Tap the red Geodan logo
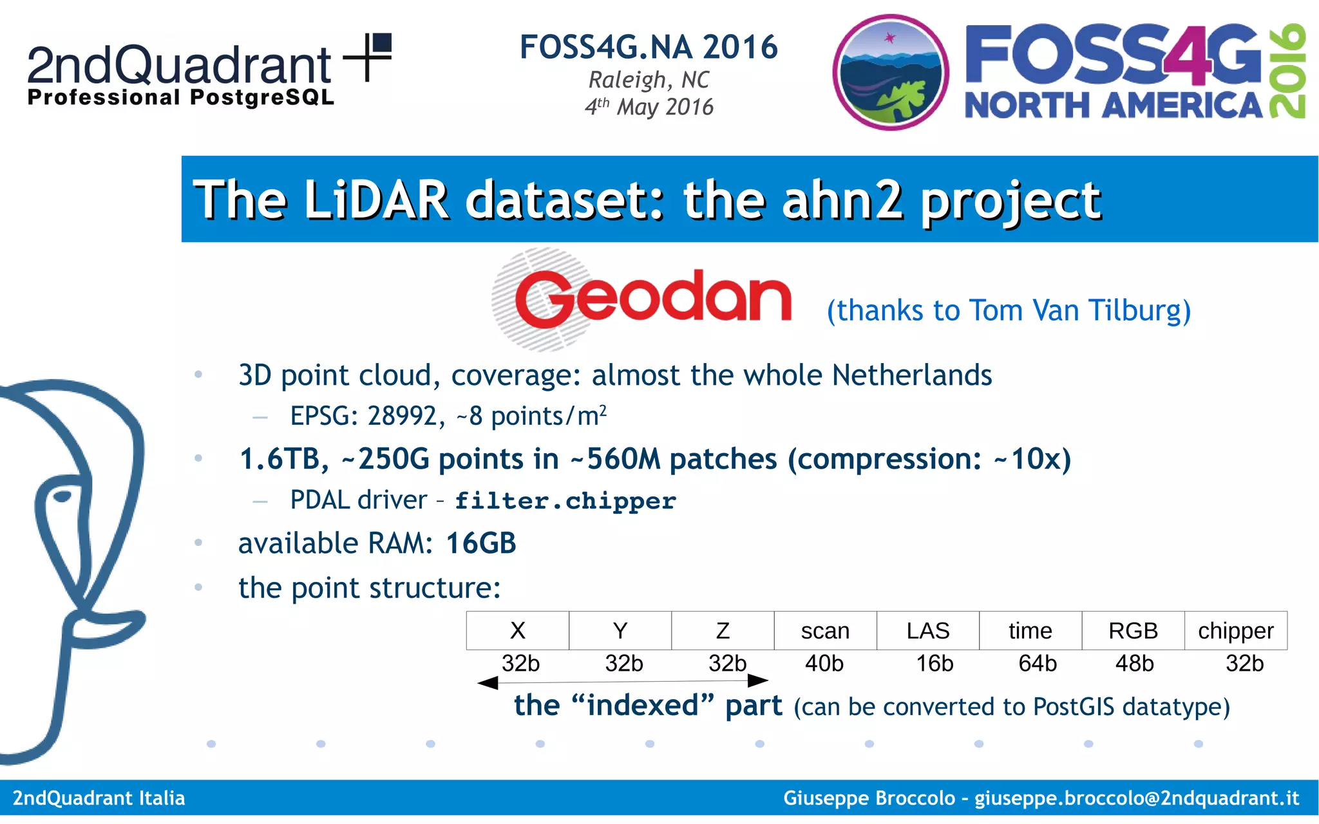click(652, 298)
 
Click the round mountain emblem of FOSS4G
click(890, 72)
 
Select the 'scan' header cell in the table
click(825, 631)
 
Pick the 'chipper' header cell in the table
click(1235, 631)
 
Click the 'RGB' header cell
click(1133, 631)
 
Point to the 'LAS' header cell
click(927, 631)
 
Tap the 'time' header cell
click(1030, 631)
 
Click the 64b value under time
click(1038, 663)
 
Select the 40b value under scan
click(824, 663)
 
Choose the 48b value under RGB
click(1135, 663)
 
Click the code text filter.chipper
click(565, 501)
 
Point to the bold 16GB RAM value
click(481, 543)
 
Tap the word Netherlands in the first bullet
click(911, 375)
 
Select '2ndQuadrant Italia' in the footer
click(99, 798)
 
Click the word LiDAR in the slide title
click(376, 200)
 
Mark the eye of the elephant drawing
click(62, 496)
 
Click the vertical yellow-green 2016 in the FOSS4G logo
click(1287, 71)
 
